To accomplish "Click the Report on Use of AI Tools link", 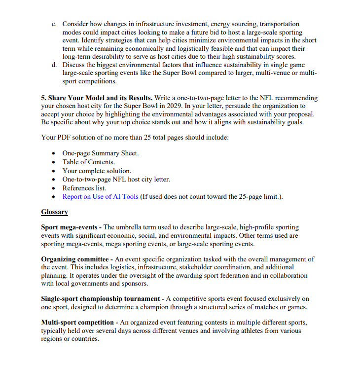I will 100,197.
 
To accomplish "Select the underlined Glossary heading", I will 54,212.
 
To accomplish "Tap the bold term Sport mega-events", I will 70,227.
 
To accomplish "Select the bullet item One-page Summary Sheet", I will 100,153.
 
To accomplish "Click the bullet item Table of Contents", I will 88,162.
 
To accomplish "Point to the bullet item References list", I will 84,188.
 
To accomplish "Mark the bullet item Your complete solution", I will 97,171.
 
